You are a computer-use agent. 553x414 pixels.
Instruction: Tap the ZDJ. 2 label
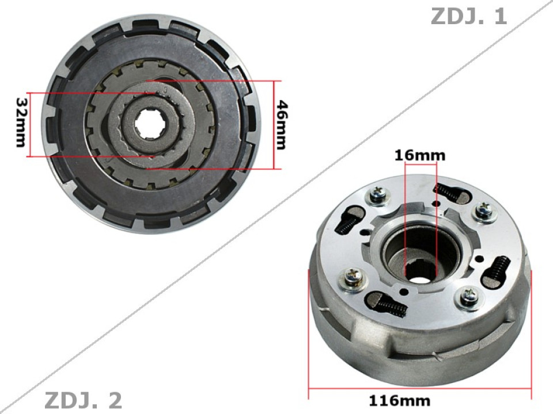(83, 400)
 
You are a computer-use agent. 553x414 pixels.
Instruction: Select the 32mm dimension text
(21, 122)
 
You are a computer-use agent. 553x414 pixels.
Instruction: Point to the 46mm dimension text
(281, 124)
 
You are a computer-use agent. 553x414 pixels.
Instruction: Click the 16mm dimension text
(420, 155)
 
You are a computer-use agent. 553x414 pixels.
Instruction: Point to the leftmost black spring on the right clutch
(347, 222)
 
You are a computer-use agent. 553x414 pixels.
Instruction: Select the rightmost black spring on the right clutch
(499, 269)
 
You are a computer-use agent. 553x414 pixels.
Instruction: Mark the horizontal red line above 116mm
(420, 388)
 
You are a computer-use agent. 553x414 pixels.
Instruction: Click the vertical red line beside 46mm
(274, 124)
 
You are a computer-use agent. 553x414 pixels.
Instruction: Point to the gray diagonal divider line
(276, 207)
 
